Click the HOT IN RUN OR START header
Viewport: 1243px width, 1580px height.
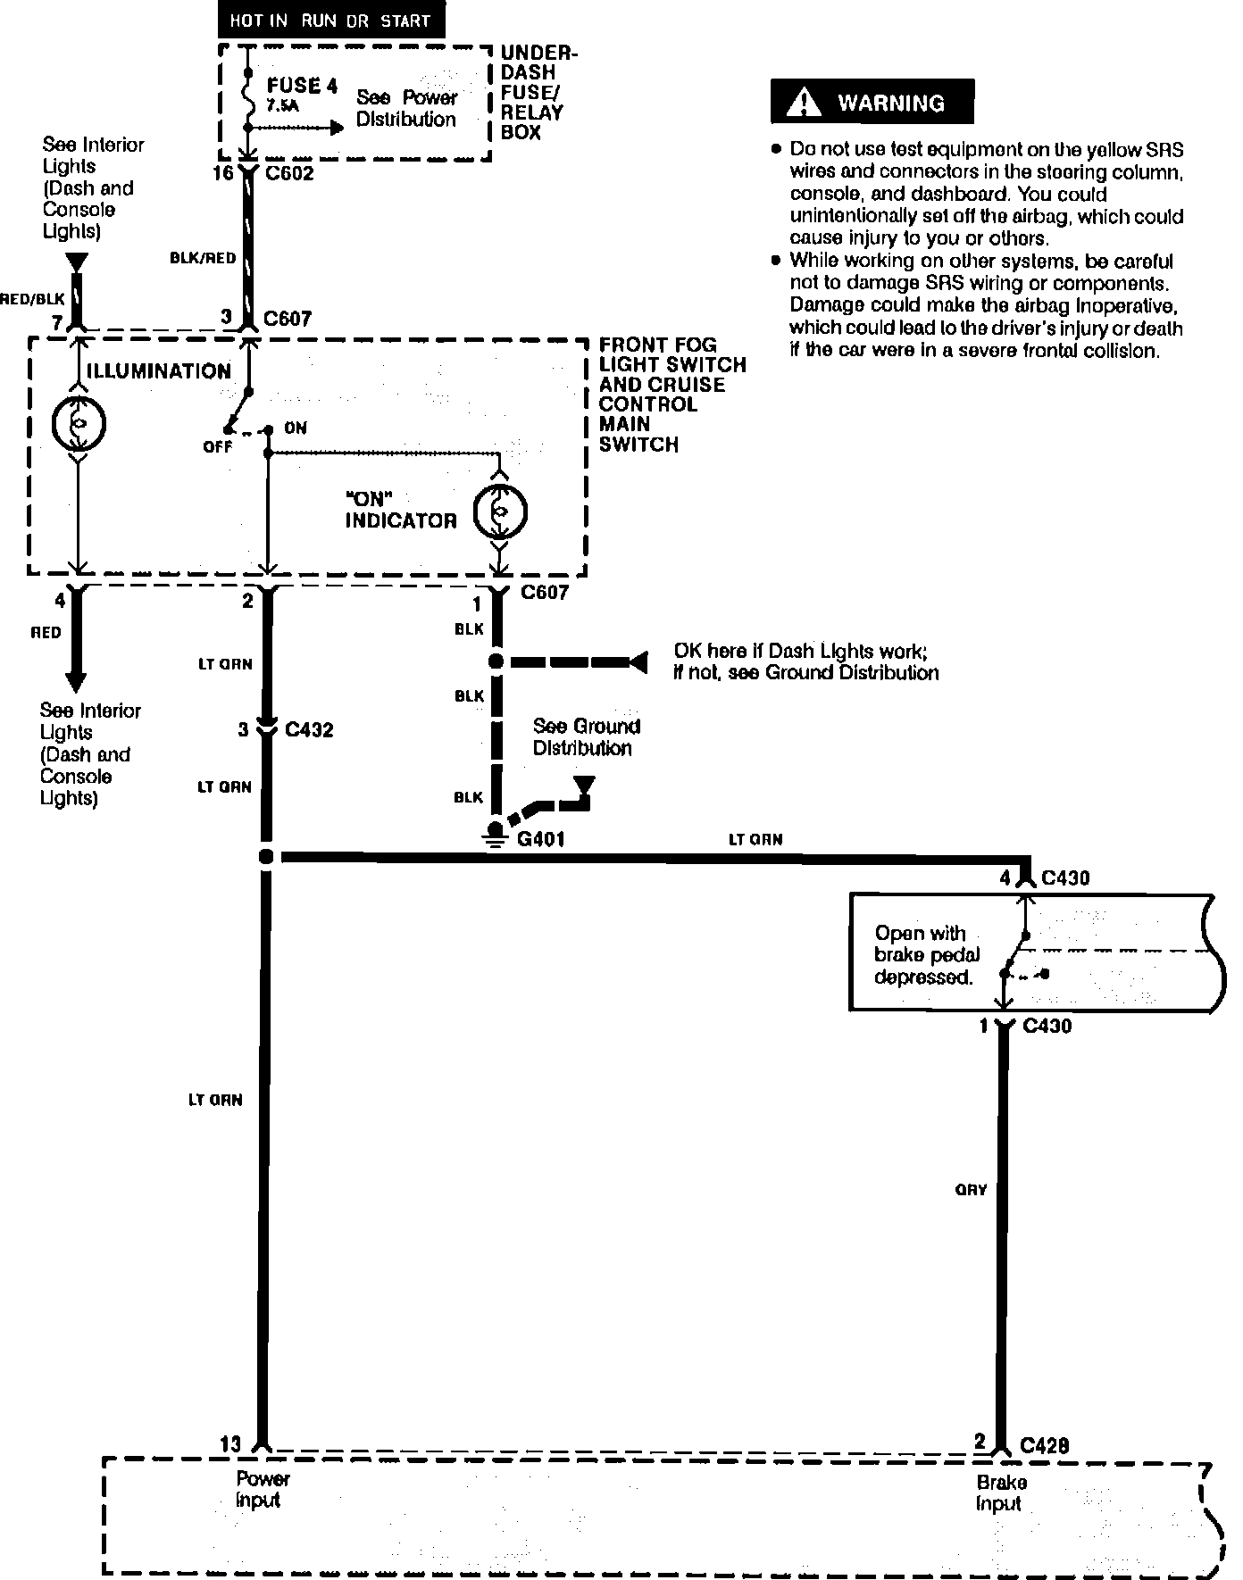pyautogui.click(x=330, y=21)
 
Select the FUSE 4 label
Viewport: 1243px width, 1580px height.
pyautogui.click(x=302, y=86)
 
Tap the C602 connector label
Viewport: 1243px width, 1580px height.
pyautogui.click(x=289, y=173)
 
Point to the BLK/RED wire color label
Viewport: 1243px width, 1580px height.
pyautogui.click(x=203, y=258)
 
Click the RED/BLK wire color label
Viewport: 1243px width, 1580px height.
pyautogui.click(x=32, y=300)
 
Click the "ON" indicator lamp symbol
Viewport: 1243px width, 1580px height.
pyautogui.click(x=500, y=511)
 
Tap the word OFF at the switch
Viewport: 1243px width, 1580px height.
pyautogui.click(x=217, y=446)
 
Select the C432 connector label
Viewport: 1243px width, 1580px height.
pyautogui.click(x=309, y=730)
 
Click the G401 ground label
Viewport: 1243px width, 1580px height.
pyautogui.click(x=541, y=839)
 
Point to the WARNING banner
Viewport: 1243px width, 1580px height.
pyautogui.click(x=872, y=103)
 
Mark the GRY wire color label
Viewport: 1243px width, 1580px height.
pyautogui.click(x=971, y=1190)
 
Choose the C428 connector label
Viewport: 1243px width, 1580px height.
pyautogui.click(x=1045, y=1444)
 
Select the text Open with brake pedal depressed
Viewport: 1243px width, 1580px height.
pyautogui.click(x=922, y=955)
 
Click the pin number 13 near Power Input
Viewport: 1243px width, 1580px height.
pyautogui.click(x=229, y=1443)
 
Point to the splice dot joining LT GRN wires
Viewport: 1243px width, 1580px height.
pyautogui.click(x=265, y=857)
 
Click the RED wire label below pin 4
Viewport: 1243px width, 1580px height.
pyautogui.click(x=46, y=632)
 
